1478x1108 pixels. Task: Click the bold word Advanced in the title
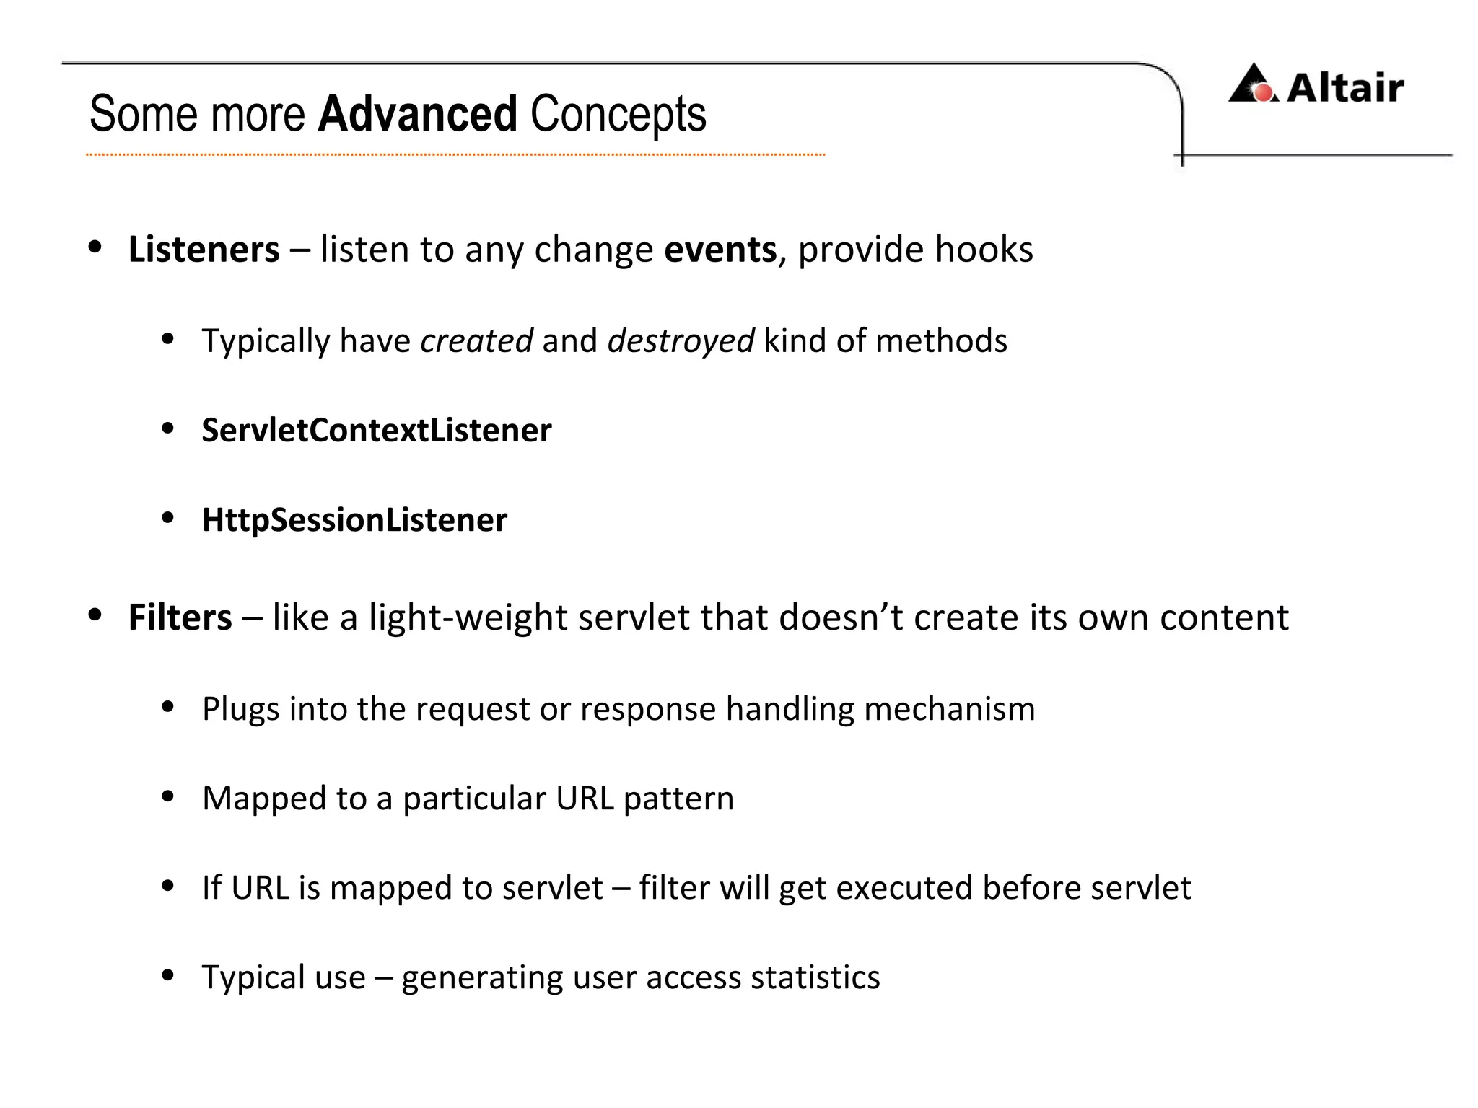pyautogui.click(x=417, y=114)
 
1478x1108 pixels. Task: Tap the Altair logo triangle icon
pyautogui.click(x=1254, y=84)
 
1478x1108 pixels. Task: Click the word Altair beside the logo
pyautogui.click(x=1345, y=88)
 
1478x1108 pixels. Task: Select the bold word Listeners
pyautogui.click(x=204, y=250)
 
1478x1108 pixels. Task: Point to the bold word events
pyautogui.click(x=720, y=250)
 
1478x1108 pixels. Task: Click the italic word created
pyautogui.click(x=476, y=340)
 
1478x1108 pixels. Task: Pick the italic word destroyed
pyautogui.click(x=681, y=340)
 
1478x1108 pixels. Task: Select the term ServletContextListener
pyautogui.click(x=376, y=431)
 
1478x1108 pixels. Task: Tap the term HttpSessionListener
pyautogui.click(x=354, y=520)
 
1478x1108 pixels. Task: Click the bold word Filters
pyautogui.click(x=180, y=618)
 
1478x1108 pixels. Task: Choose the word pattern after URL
pyautogui.click(x=678, y=799)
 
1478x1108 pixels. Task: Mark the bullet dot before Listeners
pyautogui.click(x=95, y=247)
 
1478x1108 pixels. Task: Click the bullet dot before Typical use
pyautogui.click(x=168, y=976)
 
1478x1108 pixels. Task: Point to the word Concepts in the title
pyautogui.click(x=618, y=114)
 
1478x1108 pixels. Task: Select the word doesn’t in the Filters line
pyautogui.click(x=841, y=618)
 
